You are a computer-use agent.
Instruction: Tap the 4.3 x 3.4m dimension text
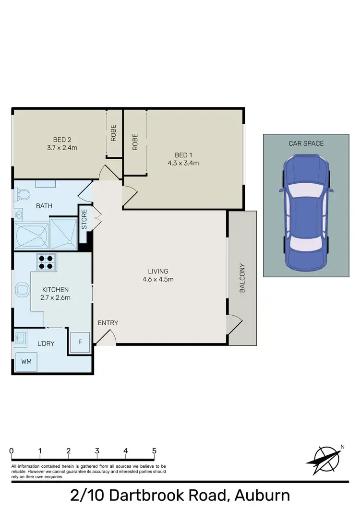click(183, 163)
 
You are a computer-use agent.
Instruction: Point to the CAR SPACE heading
click(306, 143)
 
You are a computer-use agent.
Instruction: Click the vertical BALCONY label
click(242, 278)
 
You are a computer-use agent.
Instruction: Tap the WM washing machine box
click(26, 362)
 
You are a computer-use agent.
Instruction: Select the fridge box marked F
click(81, 343)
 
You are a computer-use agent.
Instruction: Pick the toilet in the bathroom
click(22, 194)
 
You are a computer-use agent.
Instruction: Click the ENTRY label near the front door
click(108, 323)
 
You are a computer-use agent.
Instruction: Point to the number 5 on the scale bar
click(154, 451)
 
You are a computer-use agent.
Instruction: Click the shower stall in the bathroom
click(63, 234)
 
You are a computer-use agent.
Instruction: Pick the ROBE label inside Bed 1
click(135, 142)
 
